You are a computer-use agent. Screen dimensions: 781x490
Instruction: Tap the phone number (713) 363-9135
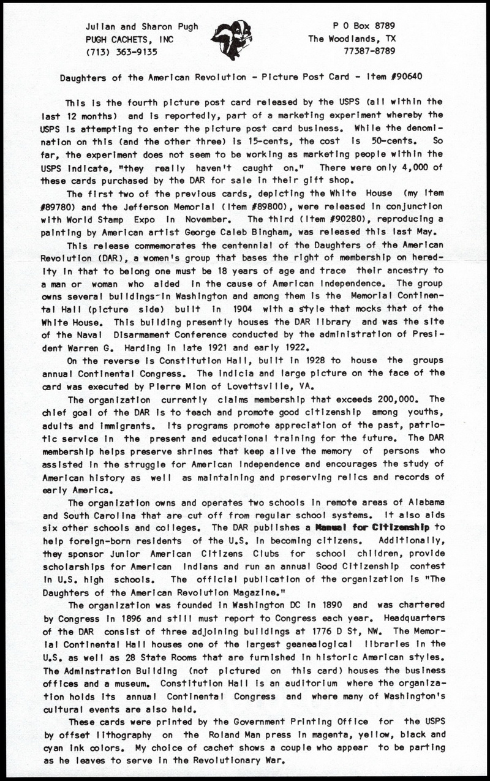coord(122,51)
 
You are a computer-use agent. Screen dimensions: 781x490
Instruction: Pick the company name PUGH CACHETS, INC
coord(129,39)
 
